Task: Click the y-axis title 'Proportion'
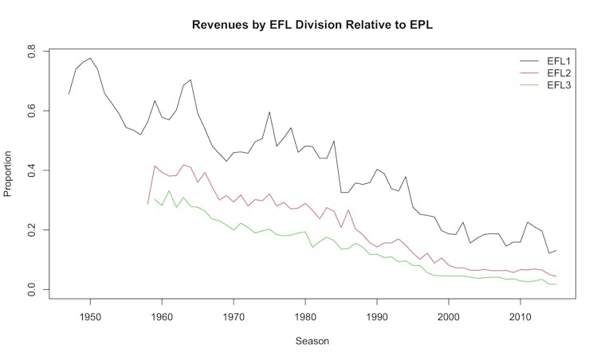pyautogui.click(x=10, y=170)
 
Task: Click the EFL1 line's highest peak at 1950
pyautogui.click(x=90, y=58)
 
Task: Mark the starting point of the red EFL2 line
pyautogui.click(x=147, y=204)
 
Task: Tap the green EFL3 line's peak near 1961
pyautogui.click(x=169, y=190)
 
